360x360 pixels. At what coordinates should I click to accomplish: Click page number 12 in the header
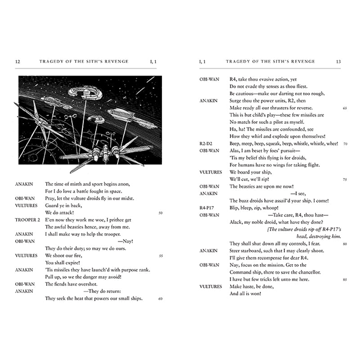click(x=17, y=61)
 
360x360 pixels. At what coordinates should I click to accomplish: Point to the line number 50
click(x=161, y=212)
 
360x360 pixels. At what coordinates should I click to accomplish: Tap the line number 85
click(x=345, y=279)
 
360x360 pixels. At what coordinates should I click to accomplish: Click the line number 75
click(x=345, y=180)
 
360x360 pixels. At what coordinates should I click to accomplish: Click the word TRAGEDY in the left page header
click(x=52, y=61)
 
